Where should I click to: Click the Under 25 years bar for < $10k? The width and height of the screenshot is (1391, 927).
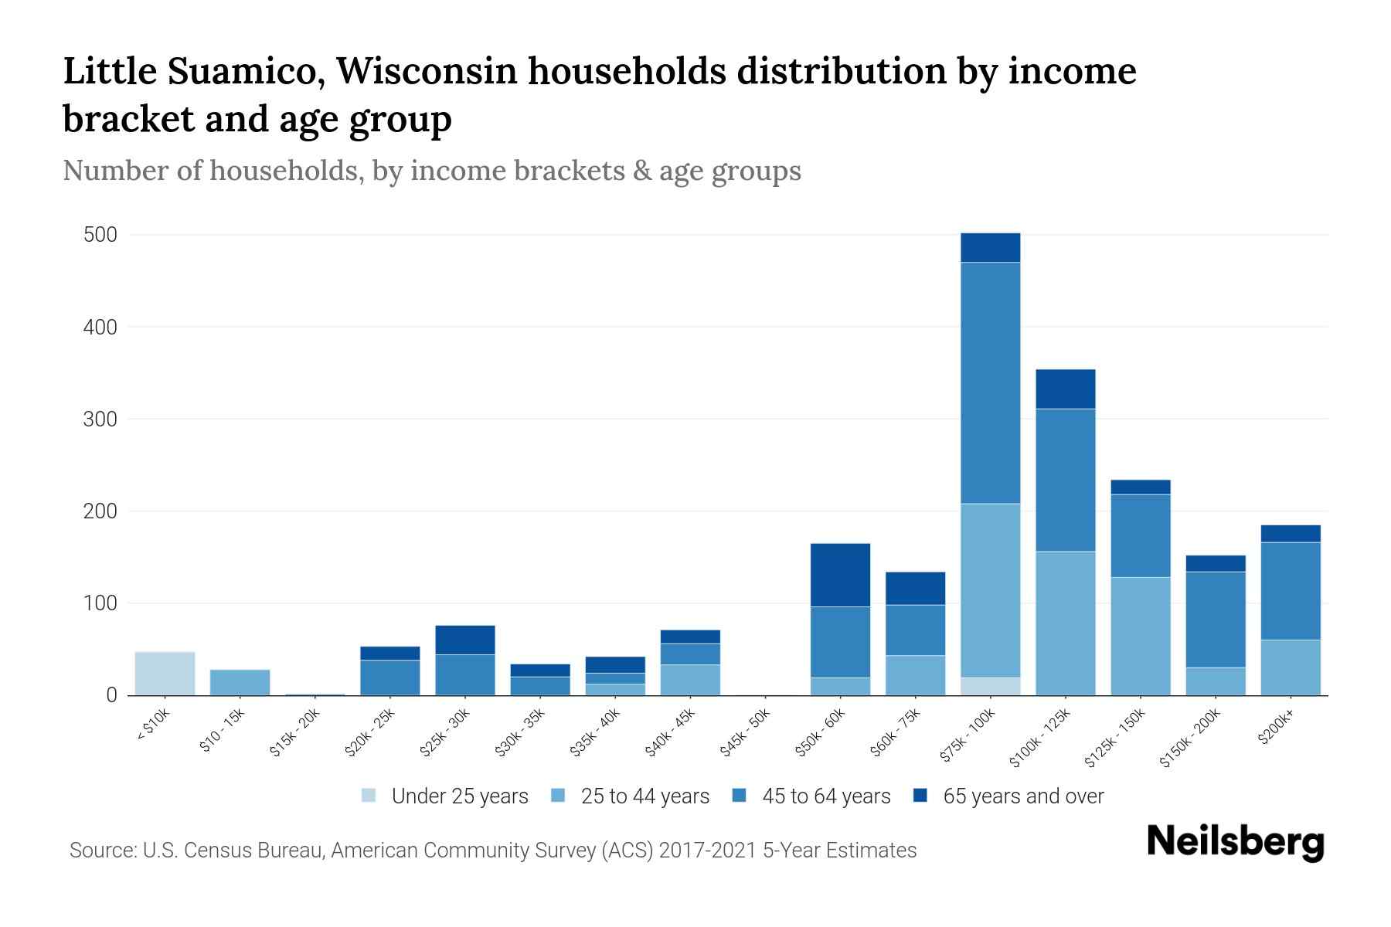pos(165,674)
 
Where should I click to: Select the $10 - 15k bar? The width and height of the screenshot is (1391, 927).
pos(240,682)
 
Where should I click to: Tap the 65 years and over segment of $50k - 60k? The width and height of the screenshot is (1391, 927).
pos(840,575)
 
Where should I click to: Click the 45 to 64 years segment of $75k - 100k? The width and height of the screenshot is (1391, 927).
pos(990,383)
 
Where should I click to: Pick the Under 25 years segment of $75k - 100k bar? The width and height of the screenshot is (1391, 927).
pos(990,686)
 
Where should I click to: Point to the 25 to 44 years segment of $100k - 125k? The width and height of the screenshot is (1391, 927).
pos(1065,623)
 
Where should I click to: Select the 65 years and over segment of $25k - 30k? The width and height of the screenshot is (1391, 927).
pos(464,640)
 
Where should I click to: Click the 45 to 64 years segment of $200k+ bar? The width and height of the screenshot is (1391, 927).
pos(1290,591)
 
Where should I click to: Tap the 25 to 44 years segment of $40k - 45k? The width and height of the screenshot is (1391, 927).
pos(690,680)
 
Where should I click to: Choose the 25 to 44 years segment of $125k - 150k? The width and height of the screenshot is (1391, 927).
pos(1140,636)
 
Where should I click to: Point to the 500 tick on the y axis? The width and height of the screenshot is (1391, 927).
pos(100,235)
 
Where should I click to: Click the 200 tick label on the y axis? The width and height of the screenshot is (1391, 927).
pos(100,511)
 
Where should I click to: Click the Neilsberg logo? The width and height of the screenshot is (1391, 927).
pos(1235,842)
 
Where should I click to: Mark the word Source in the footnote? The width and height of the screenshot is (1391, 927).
pos(100,851)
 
